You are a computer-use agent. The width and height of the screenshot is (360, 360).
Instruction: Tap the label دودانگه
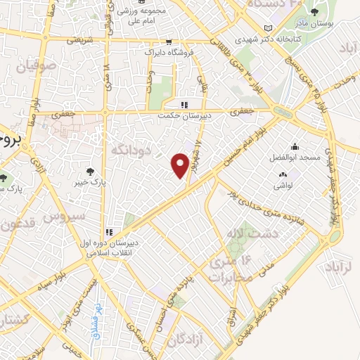point(127,149)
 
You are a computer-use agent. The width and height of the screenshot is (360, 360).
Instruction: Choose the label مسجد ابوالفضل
point(295,157)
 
